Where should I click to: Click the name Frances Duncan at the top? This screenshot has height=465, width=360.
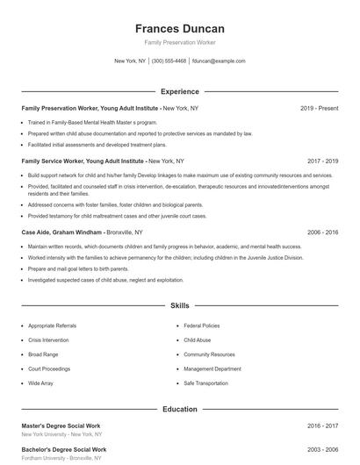(179, 29)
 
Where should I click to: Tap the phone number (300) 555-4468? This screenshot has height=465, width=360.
(169, 61)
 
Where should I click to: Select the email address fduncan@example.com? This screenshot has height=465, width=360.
(219, 61)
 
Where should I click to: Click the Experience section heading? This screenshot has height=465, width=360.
(179, 91)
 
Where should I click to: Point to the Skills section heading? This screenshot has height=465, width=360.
(179, 306)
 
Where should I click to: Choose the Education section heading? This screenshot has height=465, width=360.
(179, 409)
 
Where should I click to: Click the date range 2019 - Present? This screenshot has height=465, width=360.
(319, 108)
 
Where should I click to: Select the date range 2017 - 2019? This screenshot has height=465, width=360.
(322, 161)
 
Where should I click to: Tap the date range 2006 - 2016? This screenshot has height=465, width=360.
(322, 232)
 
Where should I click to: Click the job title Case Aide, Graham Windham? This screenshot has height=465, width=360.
(62, 232)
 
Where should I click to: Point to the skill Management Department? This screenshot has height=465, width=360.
(212, 368)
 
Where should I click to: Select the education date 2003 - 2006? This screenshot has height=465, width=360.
(322, 449)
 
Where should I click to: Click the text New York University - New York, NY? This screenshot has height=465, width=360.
(61, 434)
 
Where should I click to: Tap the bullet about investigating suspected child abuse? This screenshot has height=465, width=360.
(105, 280)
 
